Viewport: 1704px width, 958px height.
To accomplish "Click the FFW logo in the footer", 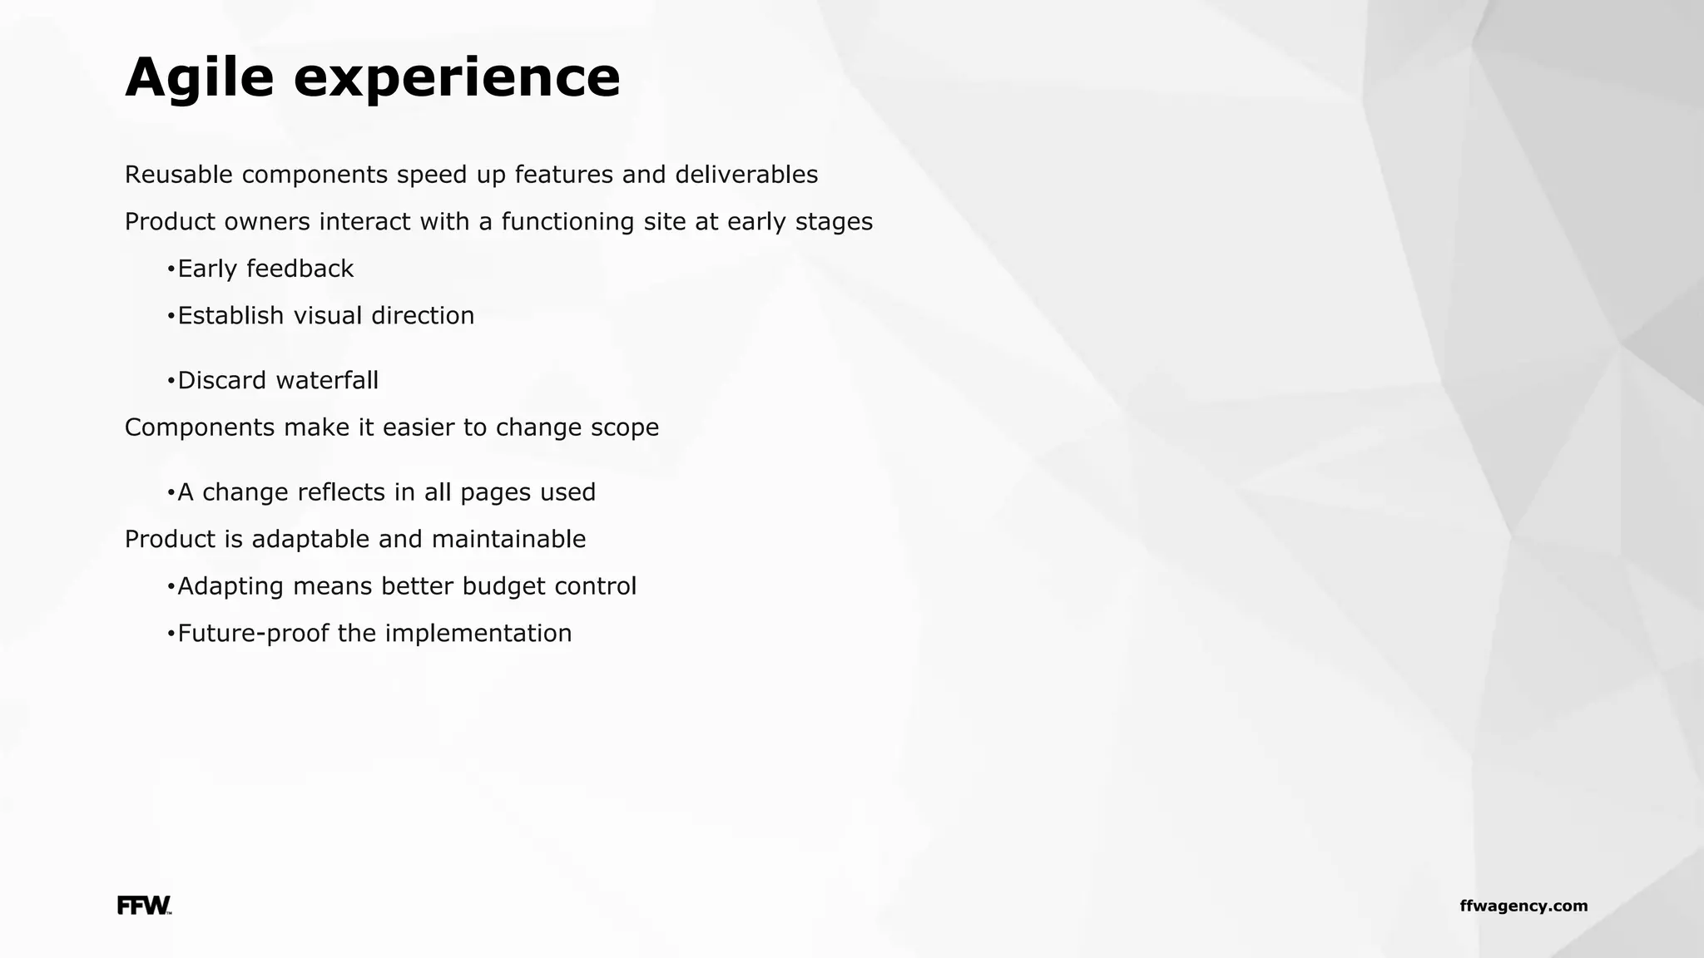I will (x=144, y=906).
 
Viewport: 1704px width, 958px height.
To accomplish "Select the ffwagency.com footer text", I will (x=1523, y=906).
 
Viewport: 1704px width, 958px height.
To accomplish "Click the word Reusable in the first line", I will (x=178, y=175).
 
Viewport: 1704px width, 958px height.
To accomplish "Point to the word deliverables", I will (x=746, y=175).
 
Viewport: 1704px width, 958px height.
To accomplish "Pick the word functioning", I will (x=567, y=222).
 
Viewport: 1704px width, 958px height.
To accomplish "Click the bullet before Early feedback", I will (x=171, y=269).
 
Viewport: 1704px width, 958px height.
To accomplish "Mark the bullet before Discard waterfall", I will (x=171, y=381).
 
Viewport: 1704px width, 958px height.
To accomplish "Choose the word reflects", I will (x=341, y=492).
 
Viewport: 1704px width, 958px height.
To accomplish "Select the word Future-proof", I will (x=254, y=634).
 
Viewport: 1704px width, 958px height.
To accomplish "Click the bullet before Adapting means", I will (x=171, y=586).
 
